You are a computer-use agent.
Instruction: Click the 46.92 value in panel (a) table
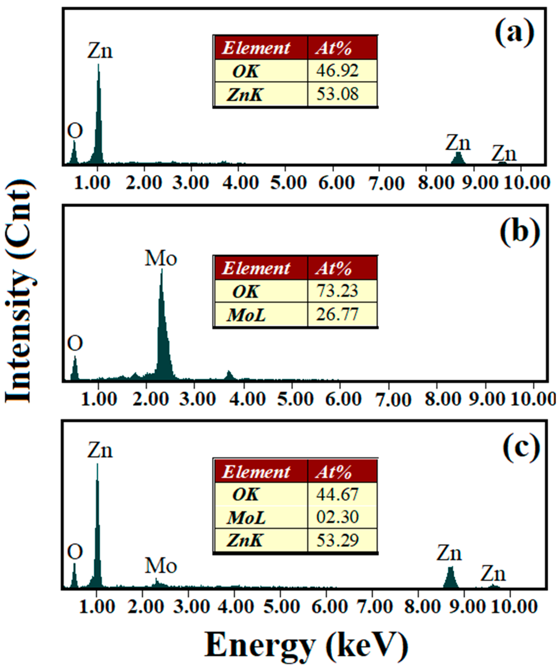337,71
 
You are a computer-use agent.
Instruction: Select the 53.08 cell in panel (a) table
337,94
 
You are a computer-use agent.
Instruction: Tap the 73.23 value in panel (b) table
337,291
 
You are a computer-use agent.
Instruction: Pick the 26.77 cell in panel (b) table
337,314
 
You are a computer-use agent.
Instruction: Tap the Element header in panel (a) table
256,48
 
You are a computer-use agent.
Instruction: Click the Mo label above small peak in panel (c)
161,566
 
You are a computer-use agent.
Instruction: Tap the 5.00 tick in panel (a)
289,183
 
